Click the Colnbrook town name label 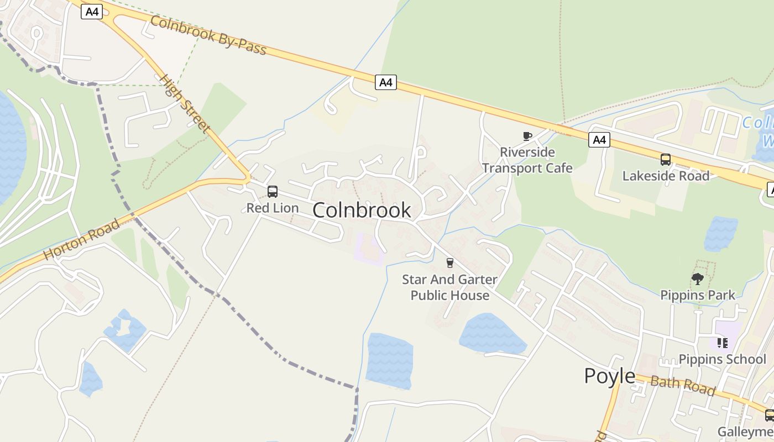point(362,210)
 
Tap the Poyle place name point(610,376)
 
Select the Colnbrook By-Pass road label point(208,35)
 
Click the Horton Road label point(81,240)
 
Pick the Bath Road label point(682,385)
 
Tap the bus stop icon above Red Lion point(272,192)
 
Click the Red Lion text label point(272,208)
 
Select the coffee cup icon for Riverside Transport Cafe point(527,136)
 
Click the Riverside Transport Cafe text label point(527,160)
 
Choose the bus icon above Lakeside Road point(666,160)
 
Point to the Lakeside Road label point(666,176)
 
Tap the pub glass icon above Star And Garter point(449,263)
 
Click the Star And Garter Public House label point(449,287)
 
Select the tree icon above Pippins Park point(698,279)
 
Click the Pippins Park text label point(698,295)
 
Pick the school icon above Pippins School point(722,343)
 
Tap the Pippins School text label point(722,359)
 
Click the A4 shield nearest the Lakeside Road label point(599,140)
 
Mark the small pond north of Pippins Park point(721,233)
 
